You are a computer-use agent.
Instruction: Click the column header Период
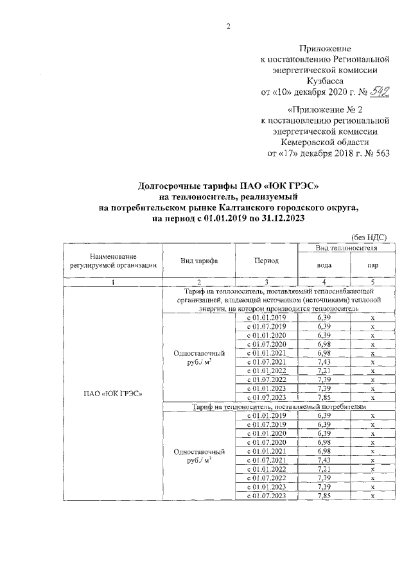coord(266,261)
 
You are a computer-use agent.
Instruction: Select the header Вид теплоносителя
coord(345,247)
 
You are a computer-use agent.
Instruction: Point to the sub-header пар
coord(372,265)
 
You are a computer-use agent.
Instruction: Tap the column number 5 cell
coord(372,282)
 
